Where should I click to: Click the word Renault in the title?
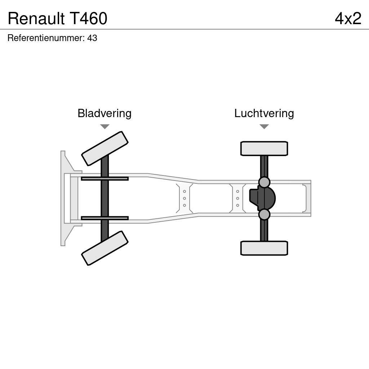tap(36, 18)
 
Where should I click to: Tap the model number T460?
tap(88, 18)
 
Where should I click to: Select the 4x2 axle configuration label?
tap(348, 18)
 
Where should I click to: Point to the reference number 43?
tap(92, 38)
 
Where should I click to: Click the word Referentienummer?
tap(46, 38)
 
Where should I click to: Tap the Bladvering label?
tap(105, 113)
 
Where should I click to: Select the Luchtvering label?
tap(264, 113)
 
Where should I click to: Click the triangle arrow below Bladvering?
tap(105, 126)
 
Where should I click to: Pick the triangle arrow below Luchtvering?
tap(264, 126)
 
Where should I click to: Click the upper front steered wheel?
tap(105, 148)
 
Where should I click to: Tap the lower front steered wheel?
tap(105, 248)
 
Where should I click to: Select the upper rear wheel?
tap(264, 148)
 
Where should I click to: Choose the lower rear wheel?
tap(264, 248)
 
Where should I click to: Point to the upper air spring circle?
tap(264, 182)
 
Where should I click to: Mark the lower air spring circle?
tap(264, 214)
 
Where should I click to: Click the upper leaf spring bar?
tap(105, 178)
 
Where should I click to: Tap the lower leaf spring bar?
tap(105, 218)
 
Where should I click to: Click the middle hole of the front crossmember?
tap(184, 198)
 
